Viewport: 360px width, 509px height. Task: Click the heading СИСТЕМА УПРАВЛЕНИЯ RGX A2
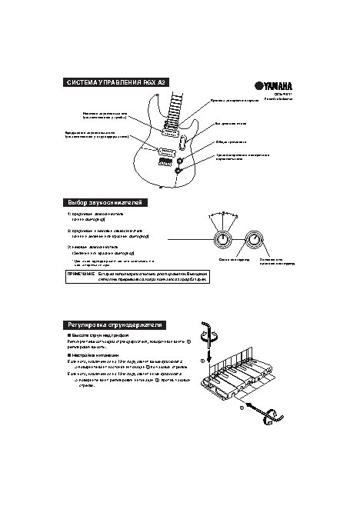tap(116, 82)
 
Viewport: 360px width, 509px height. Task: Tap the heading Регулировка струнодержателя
tap(116, 325)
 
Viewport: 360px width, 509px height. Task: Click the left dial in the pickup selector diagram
tap(223, 240)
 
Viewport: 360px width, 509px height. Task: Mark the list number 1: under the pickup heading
tap(69, 213)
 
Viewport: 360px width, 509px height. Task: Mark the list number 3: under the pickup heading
tap(69, 247)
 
